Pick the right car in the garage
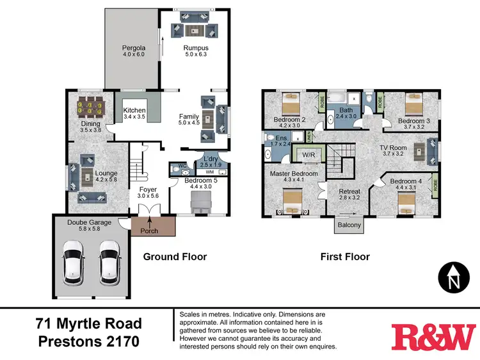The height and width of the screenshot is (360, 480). [109, 263]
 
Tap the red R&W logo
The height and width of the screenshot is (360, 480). [434, 337]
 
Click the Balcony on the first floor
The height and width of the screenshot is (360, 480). [349, 225]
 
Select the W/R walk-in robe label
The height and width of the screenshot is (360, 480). [309, 154]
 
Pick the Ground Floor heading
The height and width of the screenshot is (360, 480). [175, 257]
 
